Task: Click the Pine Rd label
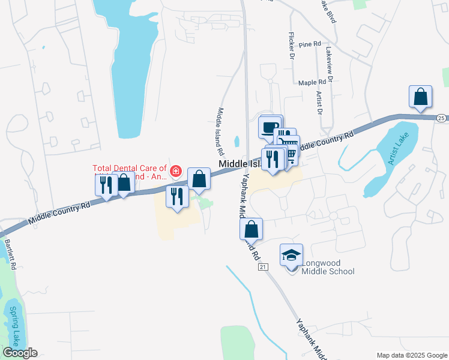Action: (310, 44)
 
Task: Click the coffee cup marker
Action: (270, 127)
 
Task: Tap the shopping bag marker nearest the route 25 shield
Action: (420, 97)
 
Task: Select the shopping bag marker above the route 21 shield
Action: (251, 229)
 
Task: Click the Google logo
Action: (19, 353)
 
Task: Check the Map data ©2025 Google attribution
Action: (411, 355)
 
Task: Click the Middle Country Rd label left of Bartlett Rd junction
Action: (59, 214)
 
